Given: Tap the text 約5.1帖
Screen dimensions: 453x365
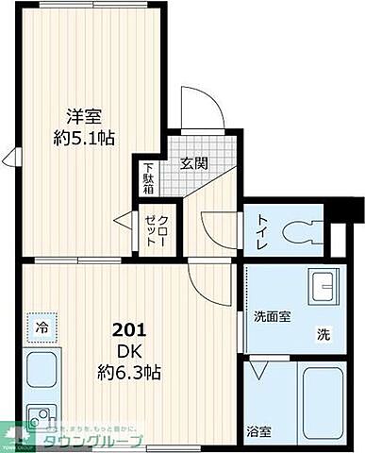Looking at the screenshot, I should coord(84,139).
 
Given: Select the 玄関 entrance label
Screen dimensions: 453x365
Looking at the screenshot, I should coord(195,161).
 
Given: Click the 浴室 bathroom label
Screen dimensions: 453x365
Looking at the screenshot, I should coord(258,431).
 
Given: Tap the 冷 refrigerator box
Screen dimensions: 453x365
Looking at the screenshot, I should coord(41,327).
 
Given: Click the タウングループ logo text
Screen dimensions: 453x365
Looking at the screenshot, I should coord(93,442).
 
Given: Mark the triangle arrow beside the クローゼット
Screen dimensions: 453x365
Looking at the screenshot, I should coord(121,223).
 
